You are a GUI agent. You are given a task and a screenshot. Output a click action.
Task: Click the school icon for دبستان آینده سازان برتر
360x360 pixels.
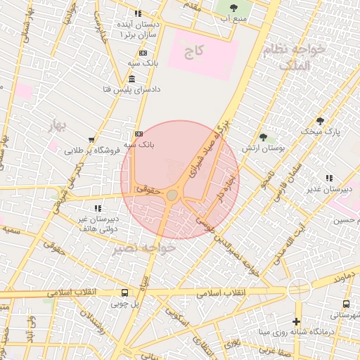(x=138, y=13)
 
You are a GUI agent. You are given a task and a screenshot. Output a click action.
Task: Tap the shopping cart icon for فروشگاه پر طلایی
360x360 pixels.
(x=91, y=139)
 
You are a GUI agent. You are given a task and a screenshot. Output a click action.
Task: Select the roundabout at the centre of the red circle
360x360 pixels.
(x=172, y=195)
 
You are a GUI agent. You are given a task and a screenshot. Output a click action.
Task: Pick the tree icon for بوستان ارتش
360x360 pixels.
(x=263, y=137)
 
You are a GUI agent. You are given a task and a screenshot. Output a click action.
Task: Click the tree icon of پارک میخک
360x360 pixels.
(x=320, y=121)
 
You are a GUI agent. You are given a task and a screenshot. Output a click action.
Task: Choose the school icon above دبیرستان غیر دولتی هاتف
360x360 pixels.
(x=97, y=208)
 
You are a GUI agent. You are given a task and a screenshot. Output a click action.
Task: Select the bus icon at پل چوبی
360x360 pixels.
(x=124, y=293)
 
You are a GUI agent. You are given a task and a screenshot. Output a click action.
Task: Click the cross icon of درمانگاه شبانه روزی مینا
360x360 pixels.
(x=296, y=321)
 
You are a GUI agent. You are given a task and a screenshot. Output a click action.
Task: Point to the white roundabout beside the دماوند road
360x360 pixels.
(x=299, y=288)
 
